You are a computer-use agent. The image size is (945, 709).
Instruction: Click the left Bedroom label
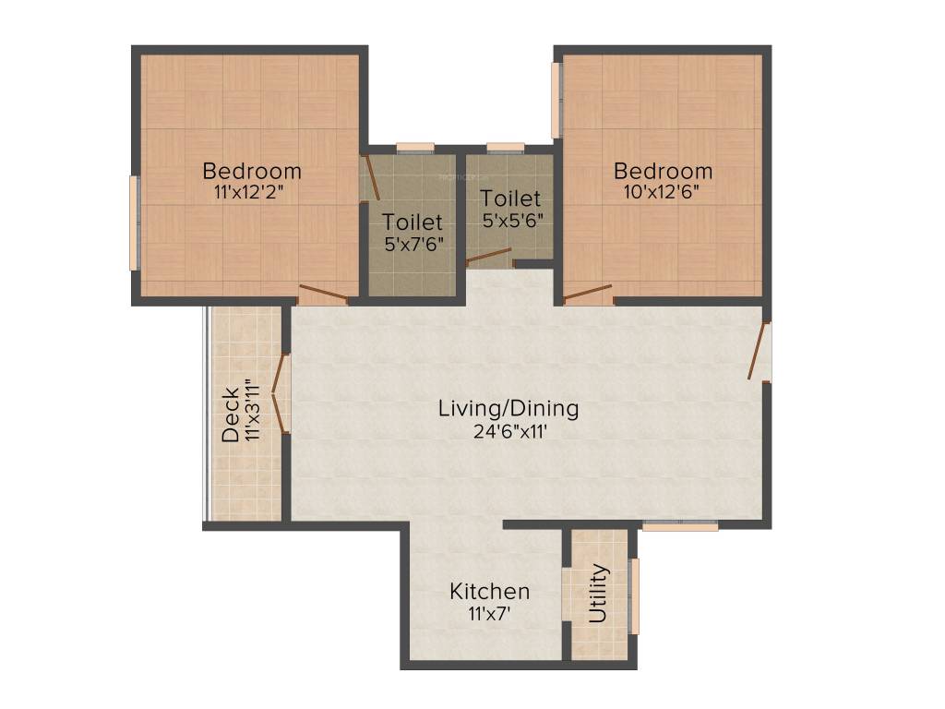click(x=252, y=171)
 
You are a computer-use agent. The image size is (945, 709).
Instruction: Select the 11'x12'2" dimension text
click(x=252, y=193)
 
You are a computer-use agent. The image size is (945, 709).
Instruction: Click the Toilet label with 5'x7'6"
click(x=413, y=222)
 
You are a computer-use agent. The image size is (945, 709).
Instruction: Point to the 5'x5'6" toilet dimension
click(x=512, y=221)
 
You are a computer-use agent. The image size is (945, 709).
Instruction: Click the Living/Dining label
click(x=508, y=407)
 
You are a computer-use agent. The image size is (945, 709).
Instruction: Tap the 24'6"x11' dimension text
click(x=508, y=429)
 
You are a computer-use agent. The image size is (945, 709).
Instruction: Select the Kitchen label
click(x=489, y=591)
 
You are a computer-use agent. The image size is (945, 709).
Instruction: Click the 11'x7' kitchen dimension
click(x=489, y=611)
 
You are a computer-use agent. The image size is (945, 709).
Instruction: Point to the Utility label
click(x=599, y=593)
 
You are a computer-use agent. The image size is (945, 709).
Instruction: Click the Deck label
click(x=231, y=415)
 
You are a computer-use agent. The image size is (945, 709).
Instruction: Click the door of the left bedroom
click(x=323, y=295)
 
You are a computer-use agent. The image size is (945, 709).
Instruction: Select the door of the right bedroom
click(x=588, y=294)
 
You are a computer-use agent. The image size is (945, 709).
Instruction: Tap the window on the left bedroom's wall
click(x=135, y=222)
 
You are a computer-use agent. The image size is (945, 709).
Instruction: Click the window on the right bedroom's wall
click(x=557, y=100)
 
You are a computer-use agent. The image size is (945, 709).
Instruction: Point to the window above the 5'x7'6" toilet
click(x=415, y=146)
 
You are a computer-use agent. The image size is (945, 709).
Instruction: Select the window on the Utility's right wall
click(x=634, y=595)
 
